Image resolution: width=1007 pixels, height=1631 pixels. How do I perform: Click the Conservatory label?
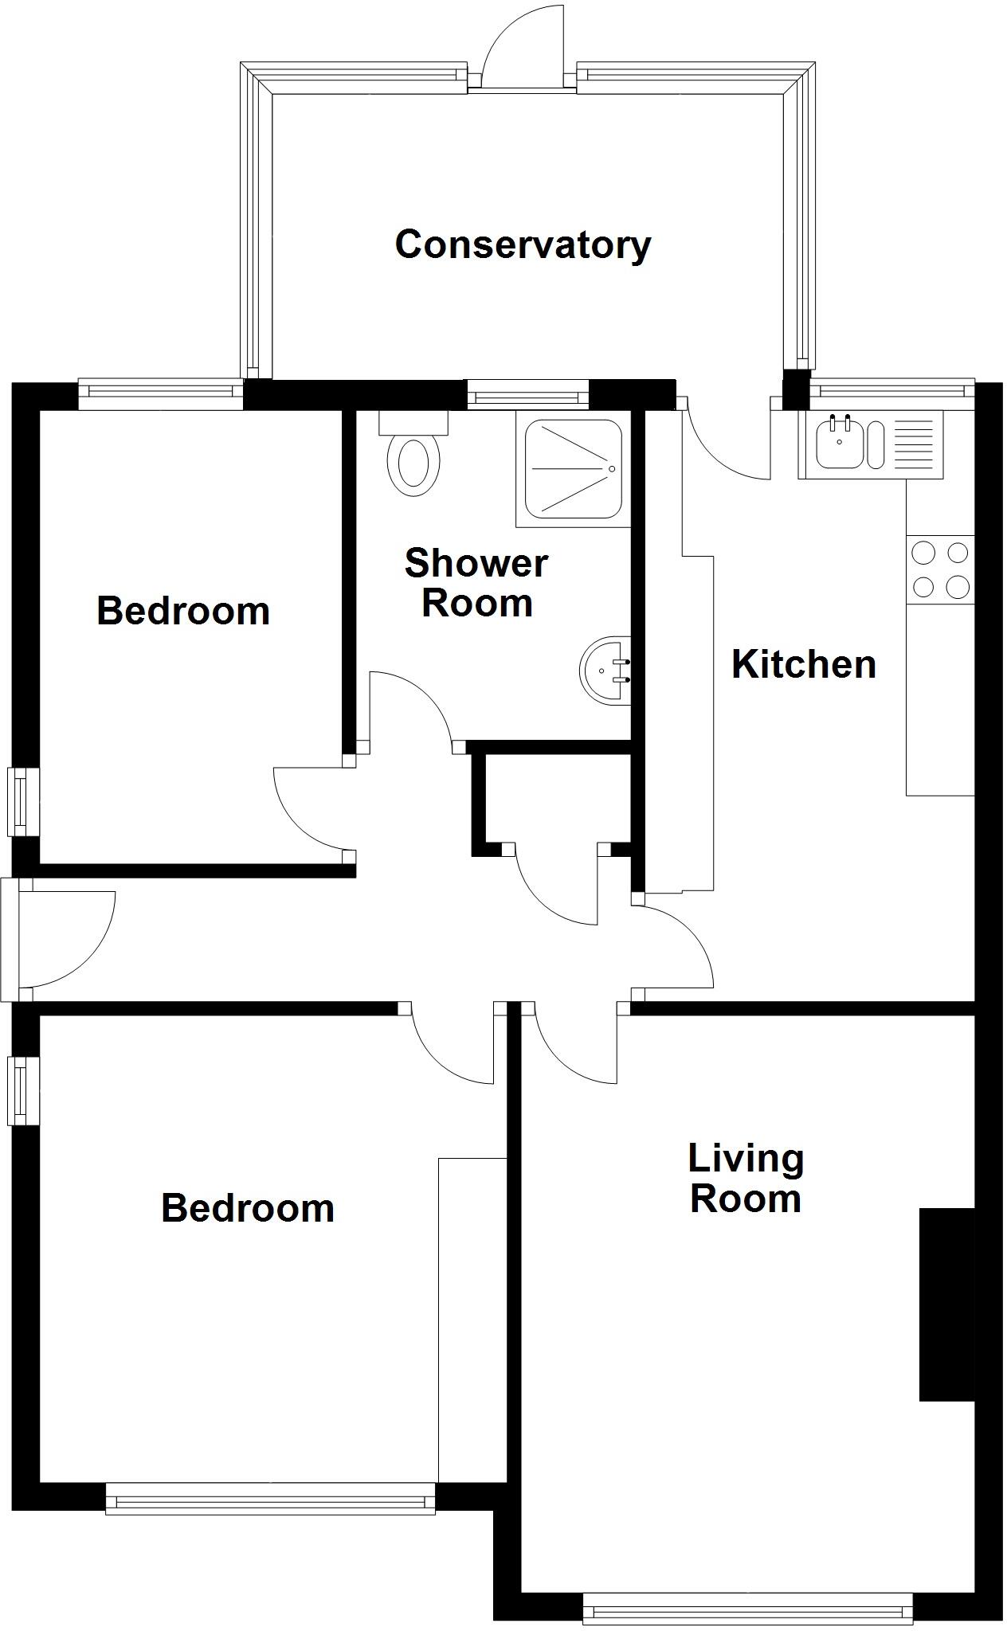coord(523,244)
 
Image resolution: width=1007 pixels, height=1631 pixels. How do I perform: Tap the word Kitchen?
coord(803,664)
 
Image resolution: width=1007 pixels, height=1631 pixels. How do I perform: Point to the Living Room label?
coord(746,1179)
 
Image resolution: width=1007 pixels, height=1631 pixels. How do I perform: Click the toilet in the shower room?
coord(413,460)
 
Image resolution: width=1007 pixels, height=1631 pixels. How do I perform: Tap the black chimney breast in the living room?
coord(947,1304)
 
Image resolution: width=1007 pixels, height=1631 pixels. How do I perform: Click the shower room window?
coord(527,394)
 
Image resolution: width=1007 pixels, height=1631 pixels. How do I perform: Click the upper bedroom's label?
coord(183,611)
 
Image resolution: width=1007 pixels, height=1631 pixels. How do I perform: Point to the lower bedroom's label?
coord(247,1208)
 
